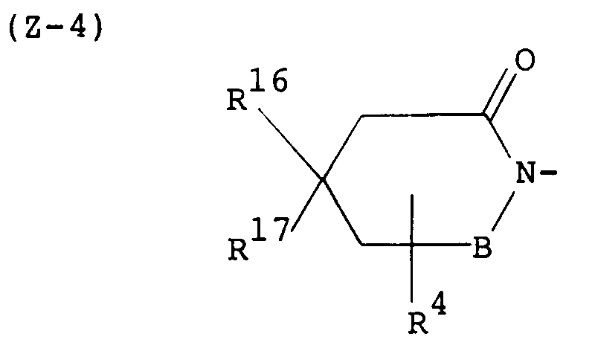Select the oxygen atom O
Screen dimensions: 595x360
click(x=525, y=60)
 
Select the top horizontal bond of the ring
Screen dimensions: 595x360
click(x=419, y=115)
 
